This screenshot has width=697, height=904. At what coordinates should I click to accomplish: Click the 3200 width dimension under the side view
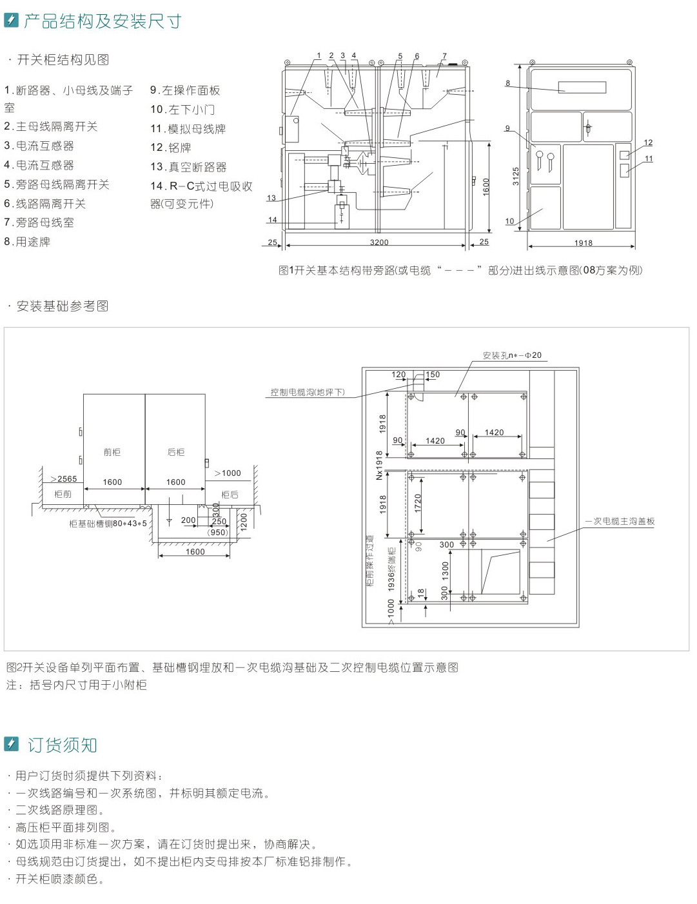pos(379,242)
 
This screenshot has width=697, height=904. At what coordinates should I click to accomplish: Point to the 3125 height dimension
pos(516,176)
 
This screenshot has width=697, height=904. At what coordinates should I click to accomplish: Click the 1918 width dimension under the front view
pos(583,243)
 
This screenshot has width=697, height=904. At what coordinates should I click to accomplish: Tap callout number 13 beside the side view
pos(271,199)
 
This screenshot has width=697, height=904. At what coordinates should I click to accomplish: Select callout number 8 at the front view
pos(508,83)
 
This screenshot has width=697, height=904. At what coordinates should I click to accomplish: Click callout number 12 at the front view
pos(648,142)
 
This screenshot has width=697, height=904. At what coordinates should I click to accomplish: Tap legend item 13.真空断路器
pos(188,167)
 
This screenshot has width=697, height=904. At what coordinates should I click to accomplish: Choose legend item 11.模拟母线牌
pos(188,129)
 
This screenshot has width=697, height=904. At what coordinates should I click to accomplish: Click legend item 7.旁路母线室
pos(39,223)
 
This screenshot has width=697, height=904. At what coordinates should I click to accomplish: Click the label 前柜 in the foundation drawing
pos(112,453)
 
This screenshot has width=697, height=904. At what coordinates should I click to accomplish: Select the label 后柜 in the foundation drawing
pos(176,453)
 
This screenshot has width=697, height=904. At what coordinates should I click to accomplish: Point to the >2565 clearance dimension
pos(63,478)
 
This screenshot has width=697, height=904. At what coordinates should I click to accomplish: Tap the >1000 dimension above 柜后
pos(228,473)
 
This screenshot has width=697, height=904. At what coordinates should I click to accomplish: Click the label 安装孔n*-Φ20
pos(512,355)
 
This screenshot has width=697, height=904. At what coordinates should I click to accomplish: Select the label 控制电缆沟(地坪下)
pos(308,392)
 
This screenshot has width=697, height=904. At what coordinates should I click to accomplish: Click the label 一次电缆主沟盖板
pos(620,521)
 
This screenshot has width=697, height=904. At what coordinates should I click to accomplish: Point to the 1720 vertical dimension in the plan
pos(418,504)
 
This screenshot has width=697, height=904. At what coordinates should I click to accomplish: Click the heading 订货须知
pos(62,745)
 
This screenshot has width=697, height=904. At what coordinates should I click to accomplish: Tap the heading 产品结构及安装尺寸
pos(103,21)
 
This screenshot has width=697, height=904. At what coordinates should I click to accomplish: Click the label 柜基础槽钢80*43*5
pos(108,524)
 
